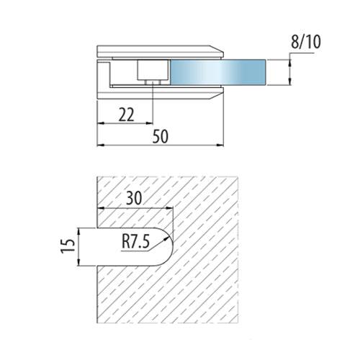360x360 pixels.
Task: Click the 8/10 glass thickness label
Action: [305, 42]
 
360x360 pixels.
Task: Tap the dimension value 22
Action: [127, 114]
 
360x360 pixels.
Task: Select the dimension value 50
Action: [161, 136]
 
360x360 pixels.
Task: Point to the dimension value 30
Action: [134, 198]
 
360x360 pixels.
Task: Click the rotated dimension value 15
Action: [68, 246]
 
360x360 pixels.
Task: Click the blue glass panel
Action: [218, 72]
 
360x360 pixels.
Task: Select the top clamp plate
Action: [161, 51]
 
